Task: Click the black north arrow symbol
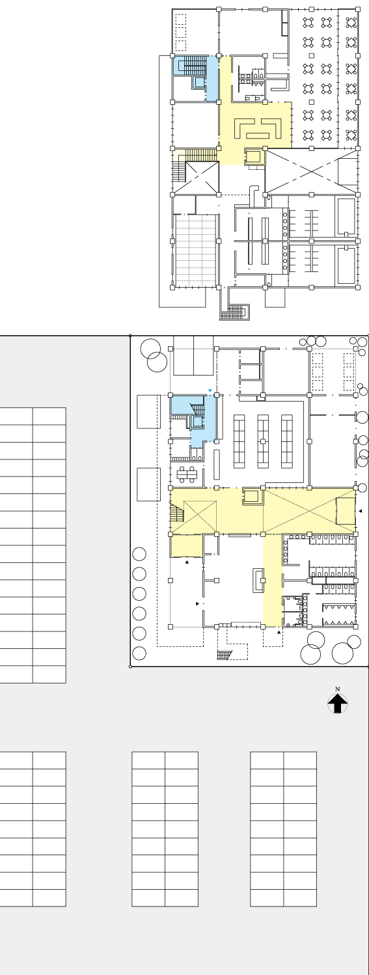point(337,704)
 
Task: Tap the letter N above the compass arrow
point(337,689)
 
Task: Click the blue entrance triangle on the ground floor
point(210,391)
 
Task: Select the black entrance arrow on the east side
point(360,511)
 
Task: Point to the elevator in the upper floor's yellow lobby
point(254,156)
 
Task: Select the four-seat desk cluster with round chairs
point(187,474)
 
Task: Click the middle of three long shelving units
point(263,441)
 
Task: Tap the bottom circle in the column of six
point(139,653)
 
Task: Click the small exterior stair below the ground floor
point(225,655)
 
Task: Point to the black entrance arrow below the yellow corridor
point(279,632)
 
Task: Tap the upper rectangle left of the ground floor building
point(149,412)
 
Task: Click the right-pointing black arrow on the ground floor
point(198,604)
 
